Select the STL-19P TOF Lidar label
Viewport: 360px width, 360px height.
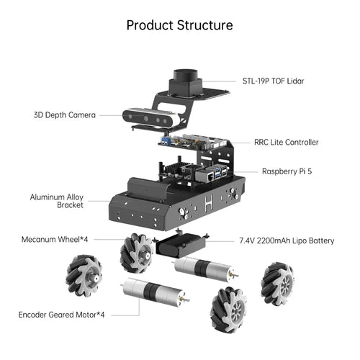click(273, 81)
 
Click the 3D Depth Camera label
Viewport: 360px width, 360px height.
click(64, 114)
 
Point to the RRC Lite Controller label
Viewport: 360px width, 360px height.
click(285, 143)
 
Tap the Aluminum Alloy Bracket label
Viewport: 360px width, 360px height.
click(57, 200)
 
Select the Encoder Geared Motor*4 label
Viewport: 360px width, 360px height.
click(61, 315)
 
